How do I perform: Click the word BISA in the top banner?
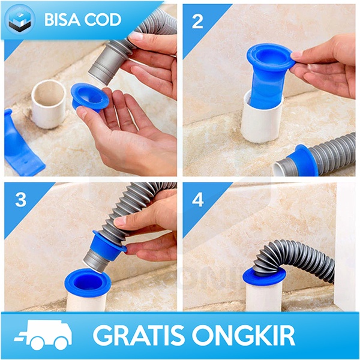pyautogui.click(x=61, y=19)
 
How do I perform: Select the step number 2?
pyautogui.click(x=198, y=22)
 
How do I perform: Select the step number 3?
pyautogui.click(x=20, y=200)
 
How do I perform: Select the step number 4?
pyautogui.click(x=198, y=200)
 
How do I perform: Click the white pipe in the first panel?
pyautogui.click(x=48, y=103)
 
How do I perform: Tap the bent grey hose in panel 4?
pyautogui.click(x=294, y=252)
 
